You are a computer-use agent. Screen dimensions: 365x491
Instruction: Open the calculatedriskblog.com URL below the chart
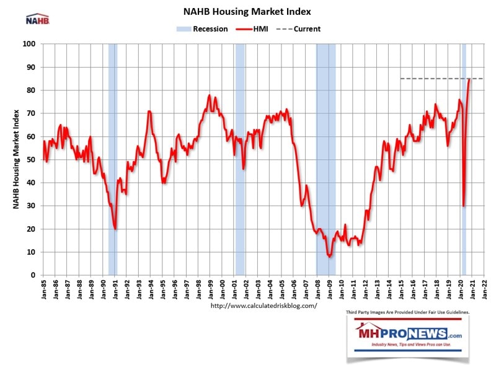(264, 306)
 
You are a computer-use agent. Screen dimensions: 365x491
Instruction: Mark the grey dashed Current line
(434, 79)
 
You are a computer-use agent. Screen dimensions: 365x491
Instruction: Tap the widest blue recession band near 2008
(325, 155)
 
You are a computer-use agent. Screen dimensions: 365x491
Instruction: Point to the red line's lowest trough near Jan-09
(330, 256)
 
